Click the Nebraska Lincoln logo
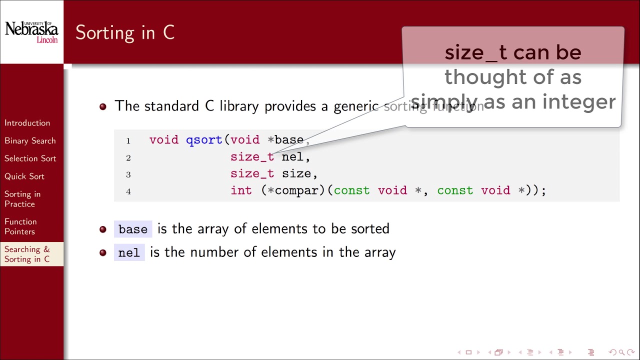pos(31,32)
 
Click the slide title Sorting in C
pos(125,32)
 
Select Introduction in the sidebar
pos(27,123)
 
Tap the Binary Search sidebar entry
pos(30,141)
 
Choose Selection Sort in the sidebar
pos(30,158)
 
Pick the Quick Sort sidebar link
pos(24,176)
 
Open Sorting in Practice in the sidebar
pos(22,199)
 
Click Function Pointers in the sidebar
pos(20,226)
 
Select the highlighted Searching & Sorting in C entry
pos(27,254)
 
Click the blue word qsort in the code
pos(204,140)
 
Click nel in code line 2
pos(292,157)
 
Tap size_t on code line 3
pos(252,174)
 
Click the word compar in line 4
pos(296,190)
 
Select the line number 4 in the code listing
pos(128,191)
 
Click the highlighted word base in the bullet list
pos(133,229)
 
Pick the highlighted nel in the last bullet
pos(129,253)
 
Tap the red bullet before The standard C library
pos(103,106)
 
